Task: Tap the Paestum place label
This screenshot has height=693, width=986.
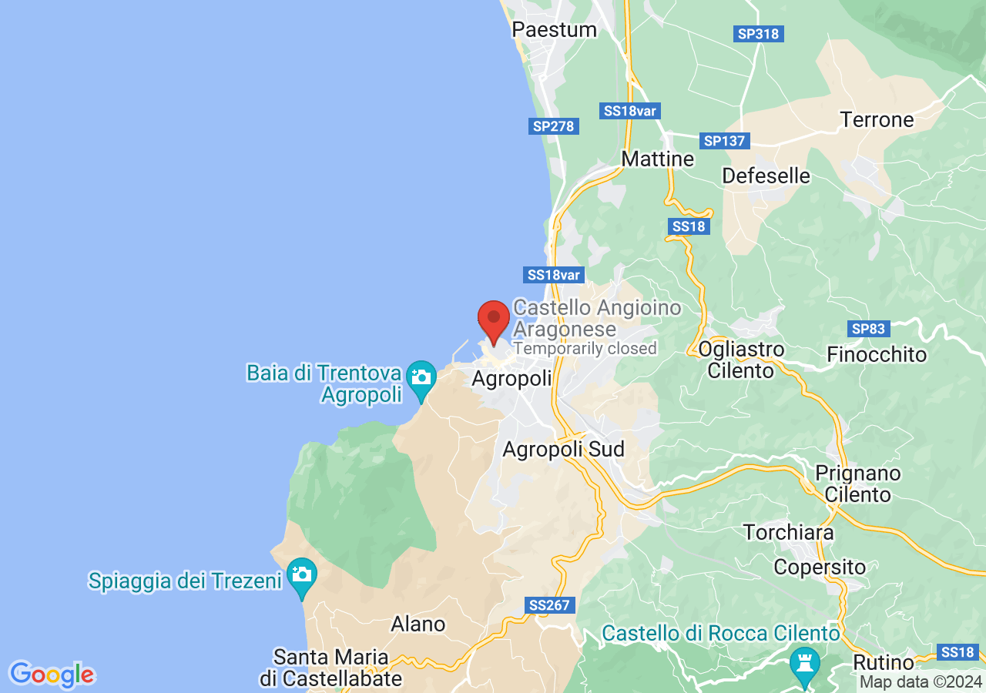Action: [x=555, y=30]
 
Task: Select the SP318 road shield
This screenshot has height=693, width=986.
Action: [x=759, y=34]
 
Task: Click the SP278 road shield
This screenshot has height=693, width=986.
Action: [x=554, y=126]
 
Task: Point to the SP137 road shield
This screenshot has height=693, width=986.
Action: [x=725, y=141]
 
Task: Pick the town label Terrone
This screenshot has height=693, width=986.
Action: [x=877, y=120]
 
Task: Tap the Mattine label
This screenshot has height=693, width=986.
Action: [x=657, y=159]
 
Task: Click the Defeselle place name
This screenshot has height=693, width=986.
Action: [x=766, y=176]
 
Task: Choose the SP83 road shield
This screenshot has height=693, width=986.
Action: [x=868, y=330]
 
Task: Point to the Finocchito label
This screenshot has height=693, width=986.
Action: [x=877, y=355]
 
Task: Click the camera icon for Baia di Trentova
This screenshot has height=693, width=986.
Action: [x=421, y=377]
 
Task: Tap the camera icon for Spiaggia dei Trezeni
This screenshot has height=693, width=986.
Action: [x=301, y=574]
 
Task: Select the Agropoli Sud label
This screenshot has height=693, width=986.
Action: [x=563, y=450]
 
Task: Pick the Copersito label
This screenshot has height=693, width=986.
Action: [x=820, y=567]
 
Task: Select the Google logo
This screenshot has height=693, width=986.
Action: [x=52, y=675]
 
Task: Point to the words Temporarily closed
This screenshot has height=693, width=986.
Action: [x=585, y=349]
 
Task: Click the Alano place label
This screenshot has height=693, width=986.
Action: [x=418, y=624]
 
